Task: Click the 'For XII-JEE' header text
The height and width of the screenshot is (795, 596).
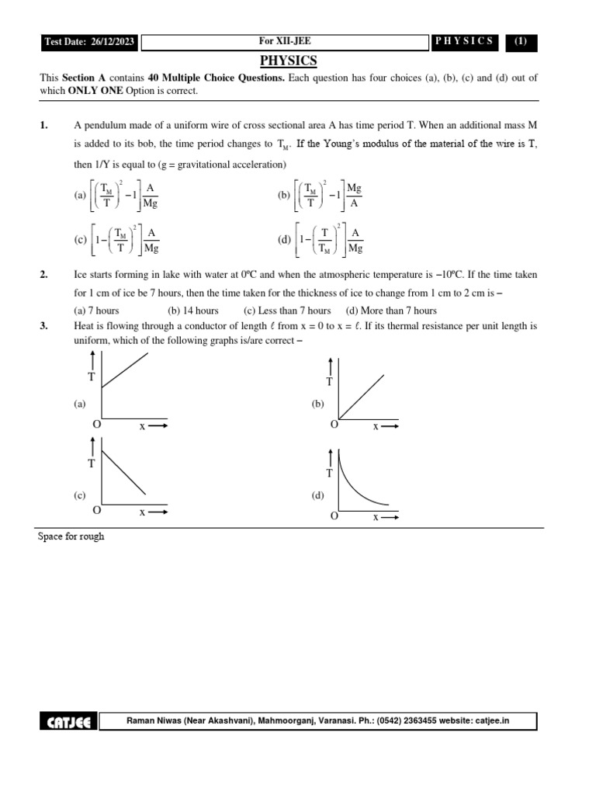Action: pyautogui.click(x=286, y=41)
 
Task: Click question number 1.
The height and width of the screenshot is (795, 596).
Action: pyautogui.click(x=44, y=126)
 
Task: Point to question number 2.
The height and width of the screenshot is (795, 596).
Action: pyautogui.click(x=44, y=276)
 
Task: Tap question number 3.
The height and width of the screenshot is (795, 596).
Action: pyautogui.click(x=44, y=327)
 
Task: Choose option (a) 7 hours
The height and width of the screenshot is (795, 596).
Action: pyautogui.click(x=96, y=311)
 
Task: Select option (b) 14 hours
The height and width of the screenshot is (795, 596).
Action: pyautogui.click(x=193, y=311)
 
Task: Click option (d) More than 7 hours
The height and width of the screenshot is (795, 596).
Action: pyautogui.click(x=391, y=311)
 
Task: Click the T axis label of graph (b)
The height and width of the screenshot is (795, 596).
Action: pyautogui.click(x=330, y=381)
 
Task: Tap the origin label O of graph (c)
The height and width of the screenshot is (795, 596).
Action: pyautogui.click(x=96, y=510)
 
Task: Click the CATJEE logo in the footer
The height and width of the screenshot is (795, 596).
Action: pyautogui.click(x=69, y=722)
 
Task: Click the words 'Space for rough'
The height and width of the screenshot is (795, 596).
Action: pyautogui.click(x=71, y=536)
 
